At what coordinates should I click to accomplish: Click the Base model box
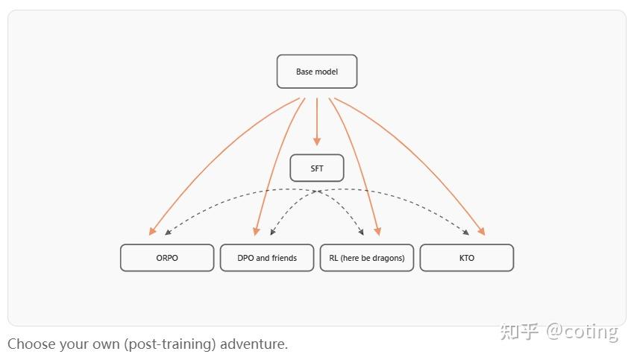317,72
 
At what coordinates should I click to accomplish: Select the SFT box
317,168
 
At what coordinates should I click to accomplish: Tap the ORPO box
167,258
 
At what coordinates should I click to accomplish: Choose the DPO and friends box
267,258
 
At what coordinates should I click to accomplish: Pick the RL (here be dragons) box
367,258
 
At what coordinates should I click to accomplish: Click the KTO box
467,258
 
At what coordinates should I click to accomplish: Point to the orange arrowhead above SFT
317,141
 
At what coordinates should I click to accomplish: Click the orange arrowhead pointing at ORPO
152,231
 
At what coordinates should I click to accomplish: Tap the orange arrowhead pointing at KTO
482,231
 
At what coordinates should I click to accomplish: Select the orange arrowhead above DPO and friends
257,231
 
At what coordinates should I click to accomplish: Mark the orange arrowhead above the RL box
378,231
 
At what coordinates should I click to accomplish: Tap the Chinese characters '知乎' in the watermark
519,331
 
